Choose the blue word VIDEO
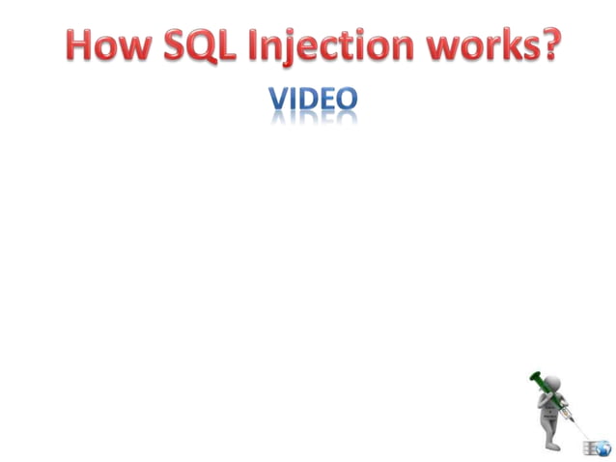point(313,100)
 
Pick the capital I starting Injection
point(266,45)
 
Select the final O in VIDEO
point(347,100)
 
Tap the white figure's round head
point(554,380)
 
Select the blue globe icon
point(603,448)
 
